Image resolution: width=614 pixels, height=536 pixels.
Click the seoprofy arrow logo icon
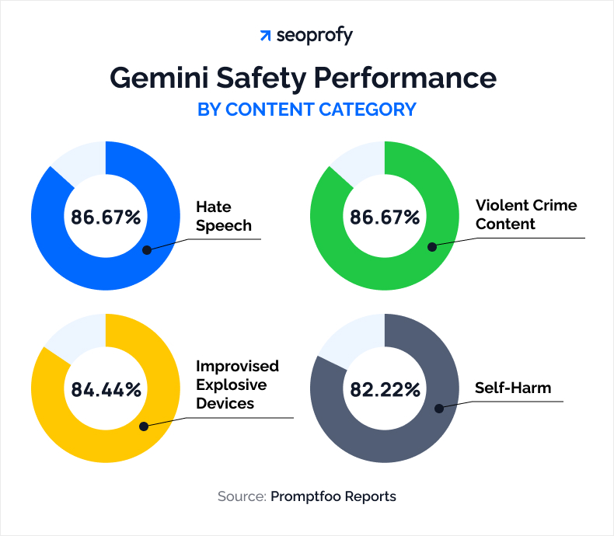[x=266, y=36]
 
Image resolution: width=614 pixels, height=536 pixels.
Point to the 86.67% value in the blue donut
[x=106, y=217]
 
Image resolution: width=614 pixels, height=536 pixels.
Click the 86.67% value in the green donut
[x=385, y=217]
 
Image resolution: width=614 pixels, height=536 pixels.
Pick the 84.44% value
[x=106, y=389]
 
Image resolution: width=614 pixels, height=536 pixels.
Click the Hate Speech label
[x=224, y=217]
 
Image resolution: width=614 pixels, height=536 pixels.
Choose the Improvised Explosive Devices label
[x=237, y=385]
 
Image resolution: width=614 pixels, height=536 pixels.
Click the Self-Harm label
[x=513, y=387]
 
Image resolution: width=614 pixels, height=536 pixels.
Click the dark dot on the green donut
[x=432, y=247]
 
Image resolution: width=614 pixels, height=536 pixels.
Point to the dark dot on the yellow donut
[x=145, y=426]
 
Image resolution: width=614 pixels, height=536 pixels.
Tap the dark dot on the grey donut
[x=438, y=408]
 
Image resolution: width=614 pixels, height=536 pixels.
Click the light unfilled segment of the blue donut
[x=81, y=160]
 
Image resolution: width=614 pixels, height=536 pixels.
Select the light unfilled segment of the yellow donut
[x=78, y=336]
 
